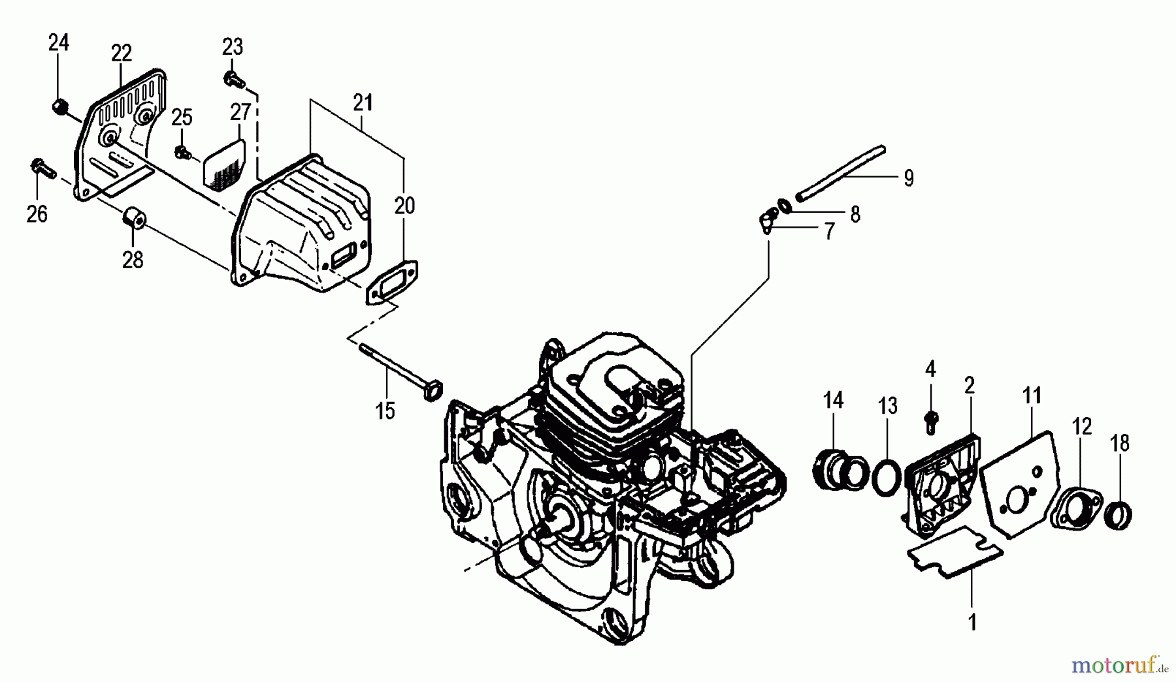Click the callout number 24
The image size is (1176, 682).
click(59, 43)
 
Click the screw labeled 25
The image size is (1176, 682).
click(182, 153)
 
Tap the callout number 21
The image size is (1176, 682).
click(363, 102)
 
